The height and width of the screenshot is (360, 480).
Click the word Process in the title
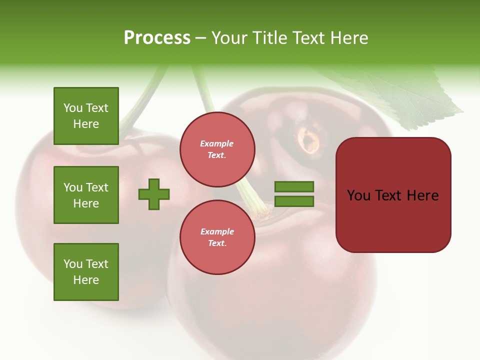(x=157, y=38)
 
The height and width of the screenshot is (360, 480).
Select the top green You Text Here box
(x=86, y=116)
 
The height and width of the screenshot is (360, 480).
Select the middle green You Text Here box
(x=86, y=195)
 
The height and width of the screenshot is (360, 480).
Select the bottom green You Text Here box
(x=86, y=272)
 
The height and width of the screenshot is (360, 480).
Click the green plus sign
(x=154, y=194)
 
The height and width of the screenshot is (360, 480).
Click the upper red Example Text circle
(x=217, y=149)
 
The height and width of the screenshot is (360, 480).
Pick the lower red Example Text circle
(x=217, y=237)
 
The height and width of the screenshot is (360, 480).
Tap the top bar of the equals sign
(x=294, y=187)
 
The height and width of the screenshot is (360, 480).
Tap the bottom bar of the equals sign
(x=294, y=201)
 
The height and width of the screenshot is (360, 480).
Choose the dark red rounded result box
(x=393, y=195)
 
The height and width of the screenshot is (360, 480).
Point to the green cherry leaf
(x=400, y=95)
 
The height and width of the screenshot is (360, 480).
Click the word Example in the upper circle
(x=217, y=143)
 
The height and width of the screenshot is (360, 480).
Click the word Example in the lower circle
(x=217, y=231)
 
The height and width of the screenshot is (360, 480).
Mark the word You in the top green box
(x=72, y=108)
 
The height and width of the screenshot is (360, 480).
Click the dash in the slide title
(x=201, y=38)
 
